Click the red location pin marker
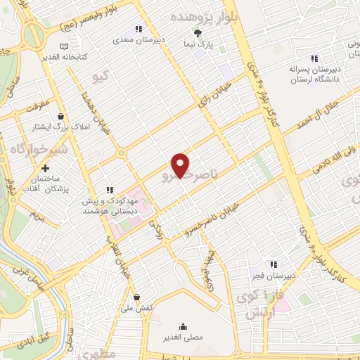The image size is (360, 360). pos(181,166)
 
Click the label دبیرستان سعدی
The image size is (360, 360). pos(139,39)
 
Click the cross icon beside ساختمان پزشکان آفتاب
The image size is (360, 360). pos(46,168)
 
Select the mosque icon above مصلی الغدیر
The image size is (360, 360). pos(184,326)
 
